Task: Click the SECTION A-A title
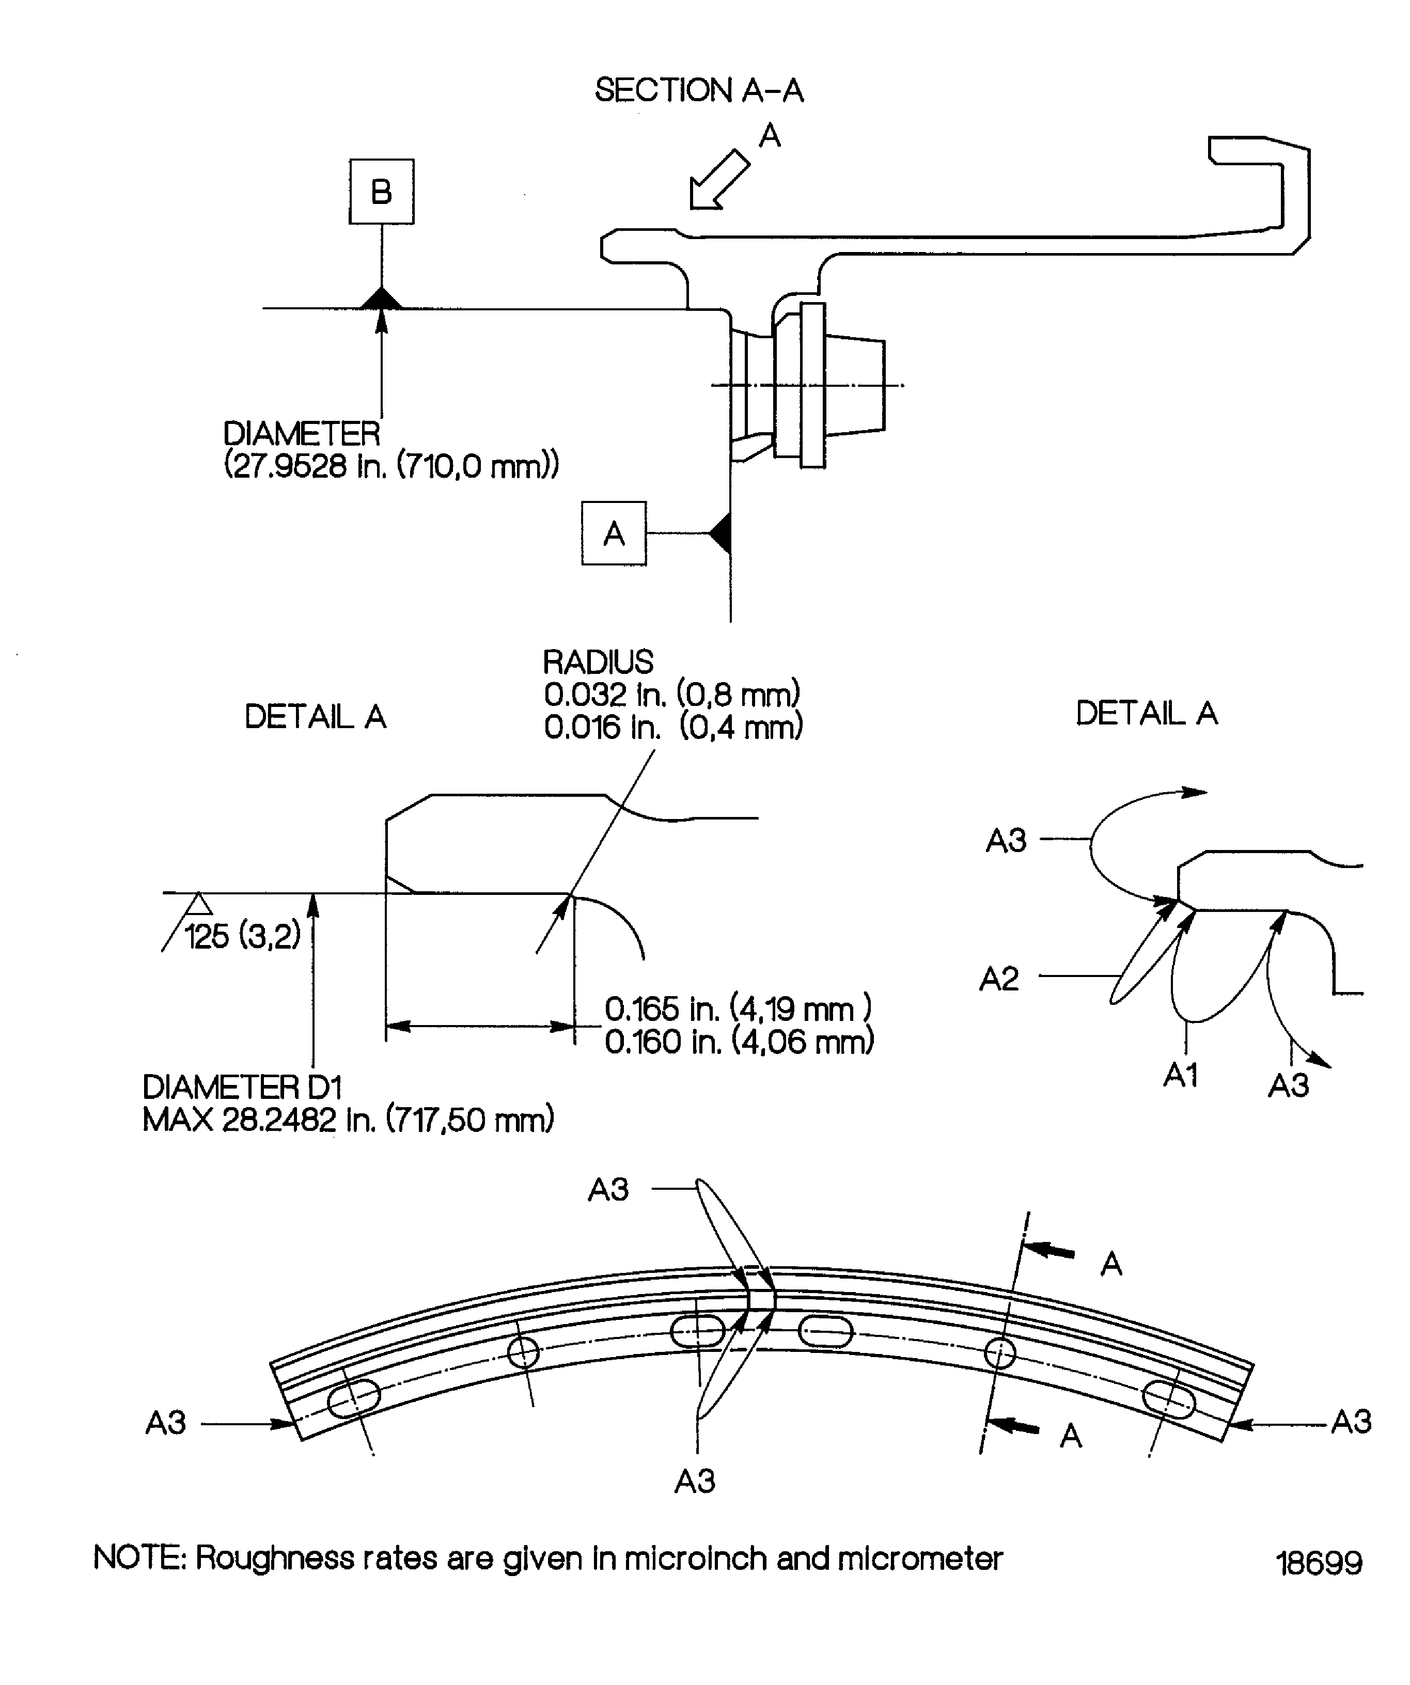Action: point(698,90)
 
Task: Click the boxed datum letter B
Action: point(381,192)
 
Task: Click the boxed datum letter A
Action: point(614,533)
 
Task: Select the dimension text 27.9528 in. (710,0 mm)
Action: point(391,465)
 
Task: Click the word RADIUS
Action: point(598,663)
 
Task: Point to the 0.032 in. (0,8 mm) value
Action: point(672,694)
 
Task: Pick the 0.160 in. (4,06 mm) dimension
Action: point(738,1042)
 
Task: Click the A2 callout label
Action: point(999,979)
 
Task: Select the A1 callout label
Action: point(1181,1075)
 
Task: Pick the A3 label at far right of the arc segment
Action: point(1351,1422)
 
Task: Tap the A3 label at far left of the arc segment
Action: point(165,1423)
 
